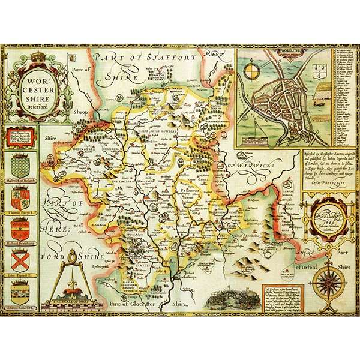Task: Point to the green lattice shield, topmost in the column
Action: point(23,160)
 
